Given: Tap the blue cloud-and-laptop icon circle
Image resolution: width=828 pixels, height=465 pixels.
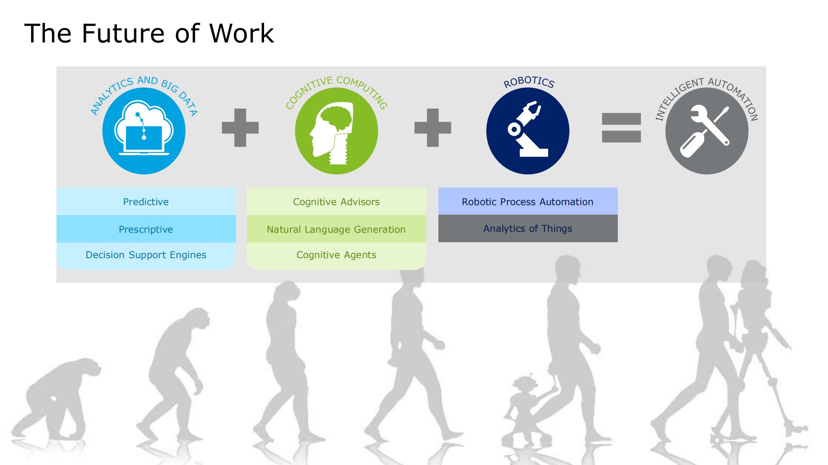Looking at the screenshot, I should coord(144,131).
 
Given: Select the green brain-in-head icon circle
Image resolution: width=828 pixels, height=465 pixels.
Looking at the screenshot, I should coord(336,131).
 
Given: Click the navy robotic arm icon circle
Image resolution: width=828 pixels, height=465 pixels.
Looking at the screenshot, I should coord(527,131).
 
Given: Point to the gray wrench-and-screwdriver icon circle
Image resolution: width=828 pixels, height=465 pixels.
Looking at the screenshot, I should coord(706,131).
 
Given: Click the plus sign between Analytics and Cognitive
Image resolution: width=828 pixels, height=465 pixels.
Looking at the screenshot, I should coord(240,128).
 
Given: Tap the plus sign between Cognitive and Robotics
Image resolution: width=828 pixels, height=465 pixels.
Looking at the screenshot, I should coord(432,128).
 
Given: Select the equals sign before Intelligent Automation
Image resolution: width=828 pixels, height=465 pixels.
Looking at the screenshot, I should coord(621,128).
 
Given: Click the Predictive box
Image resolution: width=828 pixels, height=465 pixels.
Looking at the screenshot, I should coord(146,202).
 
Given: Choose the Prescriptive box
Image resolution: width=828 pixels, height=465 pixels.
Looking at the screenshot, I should coord(146,229).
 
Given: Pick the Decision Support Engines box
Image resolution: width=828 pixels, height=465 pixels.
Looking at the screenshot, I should coord(146,255).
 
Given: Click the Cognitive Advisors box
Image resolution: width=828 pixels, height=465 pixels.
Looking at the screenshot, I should coord(336,202).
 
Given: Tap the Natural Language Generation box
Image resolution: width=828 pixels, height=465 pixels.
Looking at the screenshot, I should coord(336,229).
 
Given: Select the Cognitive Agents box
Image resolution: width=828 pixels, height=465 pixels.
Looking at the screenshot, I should coord(336,255).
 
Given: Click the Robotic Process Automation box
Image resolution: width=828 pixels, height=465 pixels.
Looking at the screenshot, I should coord(527,201).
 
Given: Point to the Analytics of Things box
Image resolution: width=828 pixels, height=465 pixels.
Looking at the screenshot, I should coord(527,228).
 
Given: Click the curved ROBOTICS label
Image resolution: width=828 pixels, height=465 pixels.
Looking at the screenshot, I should coord(529,81).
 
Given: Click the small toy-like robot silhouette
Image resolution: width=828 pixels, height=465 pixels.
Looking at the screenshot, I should coord(524,409).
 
